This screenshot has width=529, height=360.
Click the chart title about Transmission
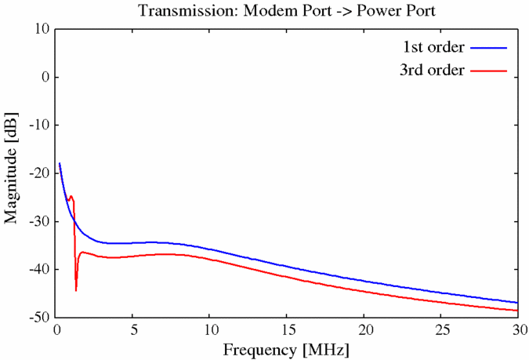coord(287,11)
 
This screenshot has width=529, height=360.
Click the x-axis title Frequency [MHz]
coord(287,347)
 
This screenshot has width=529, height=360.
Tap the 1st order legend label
coord(434,47)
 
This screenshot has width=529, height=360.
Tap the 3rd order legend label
coord(433,71)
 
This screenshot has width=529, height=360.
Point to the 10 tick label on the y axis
coord(41,29)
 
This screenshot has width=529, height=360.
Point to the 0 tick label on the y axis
coord(45,78)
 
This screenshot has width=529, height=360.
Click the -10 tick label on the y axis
coord(38,125)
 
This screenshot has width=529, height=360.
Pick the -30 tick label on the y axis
coord(38,221)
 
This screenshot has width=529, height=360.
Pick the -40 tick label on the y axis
coord(38,269)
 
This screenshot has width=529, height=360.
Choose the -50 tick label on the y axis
coord(38,317)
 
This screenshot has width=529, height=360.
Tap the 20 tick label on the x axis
coord(364,329)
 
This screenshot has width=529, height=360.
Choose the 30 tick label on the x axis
coord(517,329)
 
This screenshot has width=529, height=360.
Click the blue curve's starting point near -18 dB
coord(60,163)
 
